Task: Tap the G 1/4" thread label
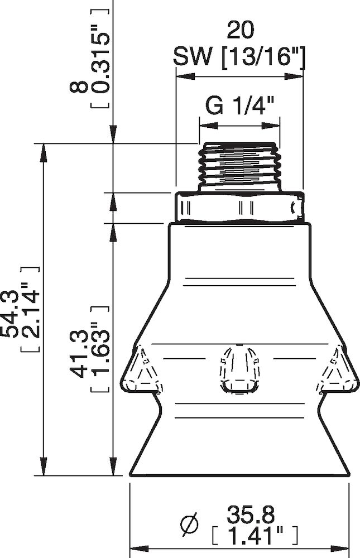click(239, 105)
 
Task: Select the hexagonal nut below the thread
click(239, 207)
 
